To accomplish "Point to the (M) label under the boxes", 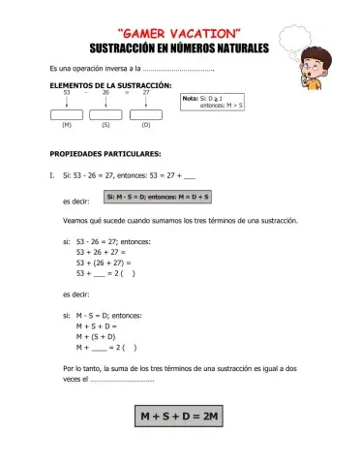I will (66, 126).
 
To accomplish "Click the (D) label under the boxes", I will (145, 126).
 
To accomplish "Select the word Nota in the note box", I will (190, 98).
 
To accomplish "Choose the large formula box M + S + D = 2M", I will (180, 417).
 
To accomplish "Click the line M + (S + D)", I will (96, 336).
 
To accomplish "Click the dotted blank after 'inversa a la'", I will (178, 70).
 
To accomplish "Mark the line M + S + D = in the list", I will (97, 326).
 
